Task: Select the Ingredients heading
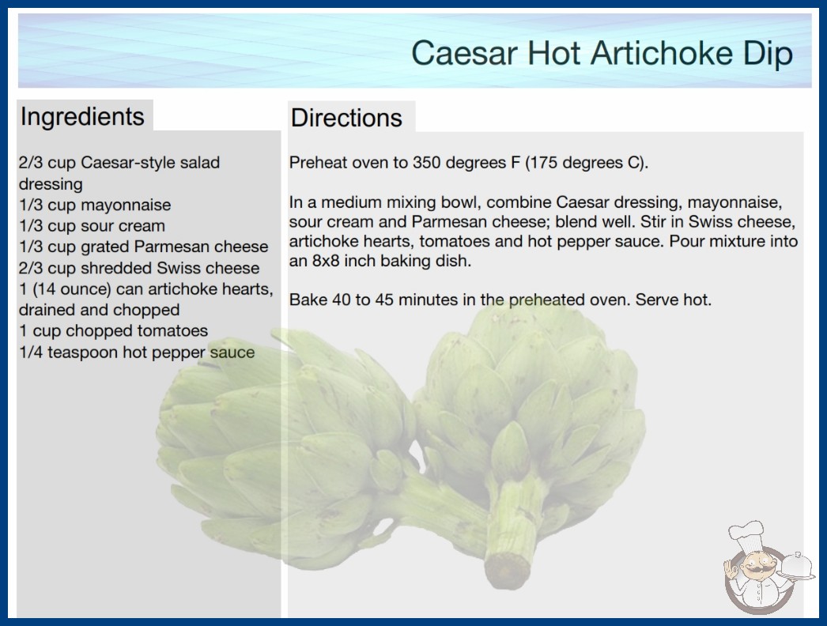(82, 116)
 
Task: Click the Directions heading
(346, 118)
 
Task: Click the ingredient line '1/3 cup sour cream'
(92, 226)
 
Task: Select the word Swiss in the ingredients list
(176, 268)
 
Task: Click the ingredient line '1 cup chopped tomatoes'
(113, 330)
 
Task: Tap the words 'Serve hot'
(673, 300)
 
